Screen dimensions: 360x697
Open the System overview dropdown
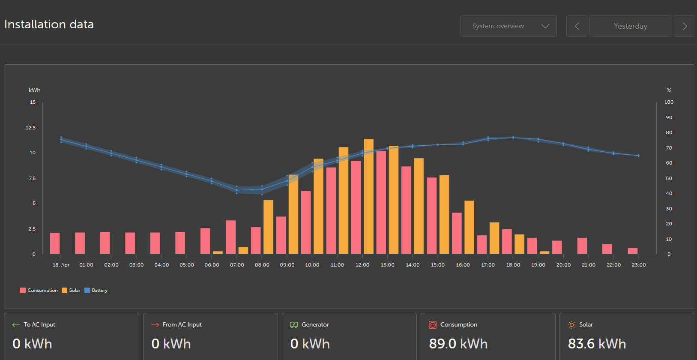click(509, 26)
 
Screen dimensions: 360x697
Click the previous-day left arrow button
click(577, 26)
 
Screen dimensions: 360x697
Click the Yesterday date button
click(630, 26)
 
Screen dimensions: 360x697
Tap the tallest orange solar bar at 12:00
click(368, 196)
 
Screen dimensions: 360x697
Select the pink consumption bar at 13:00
click(381, 202)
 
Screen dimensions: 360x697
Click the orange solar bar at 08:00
click(268, 227)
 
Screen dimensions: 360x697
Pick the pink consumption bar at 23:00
click(633, 251)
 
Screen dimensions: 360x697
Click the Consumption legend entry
click(39, 290)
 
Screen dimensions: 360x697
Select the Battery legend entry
click(96, 290)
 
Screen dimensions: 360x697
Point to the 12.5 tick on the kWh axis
click(31, 128)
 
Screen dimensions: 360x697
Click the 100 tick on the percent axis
click(669, 102)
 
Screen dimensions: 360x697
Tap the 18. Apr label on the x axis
click(61, 265)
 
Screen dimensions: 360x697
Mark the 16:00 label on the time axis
click(463, 265)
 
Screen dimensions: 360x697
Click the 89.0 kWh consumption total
click(458, 344)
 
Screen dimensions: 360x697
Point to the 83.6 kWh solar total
click(597, 344)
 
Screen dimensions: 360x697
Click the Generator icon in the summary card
click(294, 325)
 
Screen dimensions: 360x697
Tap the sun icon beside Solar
click(571, 325)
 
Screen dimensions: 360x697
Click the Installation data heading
click(49, 24)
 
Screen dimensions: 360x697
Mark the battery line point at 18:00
click(513, 138)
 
